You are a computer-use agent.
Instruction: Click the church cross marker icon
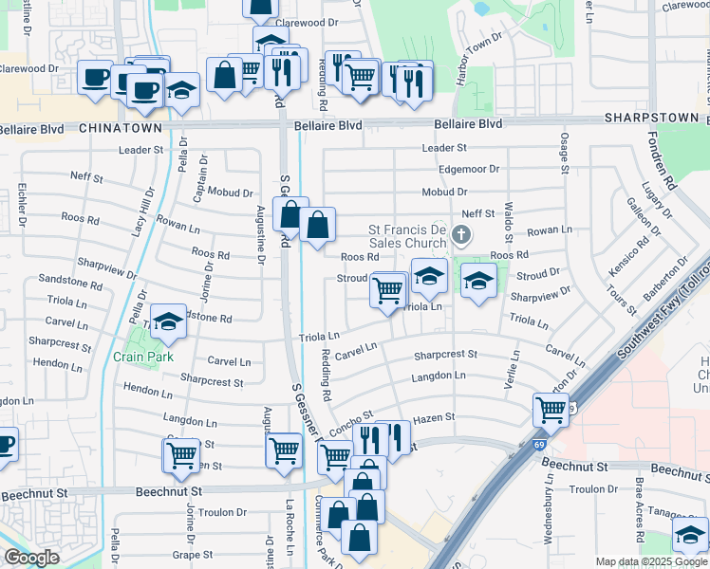click(461, 234)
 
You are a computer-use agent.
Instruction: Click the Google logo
click(30, 558)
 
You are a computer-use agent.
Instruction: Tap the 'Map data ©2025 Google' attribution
click(651, 561)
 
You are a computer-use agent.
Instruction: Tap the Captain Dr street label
click(201, 177)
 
